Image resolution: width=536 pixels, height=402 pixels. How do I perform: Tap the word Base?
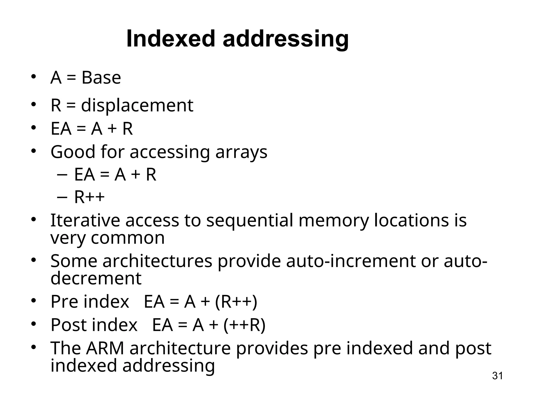tap(101, 78)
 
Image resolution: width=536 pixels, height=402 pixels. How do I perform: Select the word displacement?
tap(137, 105)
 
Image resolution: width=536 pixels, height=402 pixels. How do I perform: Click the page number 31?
tap(497, 376)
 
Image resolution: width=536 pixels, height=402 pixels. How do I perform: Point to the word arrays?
tap(241, 152)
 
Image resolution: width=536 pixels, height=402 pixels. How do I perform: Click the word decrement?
tap(96, 278)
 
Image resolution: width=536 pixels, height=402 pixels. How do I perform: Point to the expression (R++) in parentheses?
tap(236, 302)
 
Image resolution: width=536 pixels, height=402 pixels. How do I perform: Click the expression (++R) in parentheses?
tap(244, 325)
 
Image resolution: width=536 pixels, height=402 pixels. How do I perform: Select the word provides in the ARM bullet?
tap(272, 348)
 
